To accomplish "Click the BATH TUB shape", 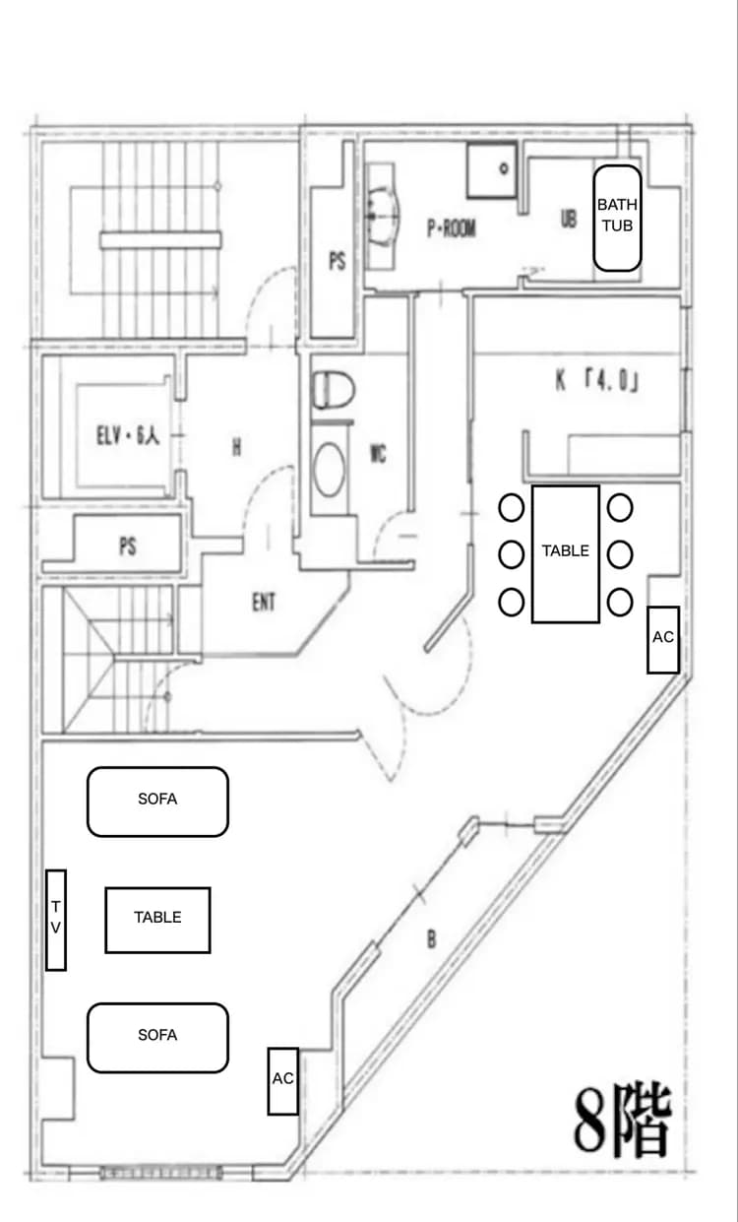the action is click(617, 219).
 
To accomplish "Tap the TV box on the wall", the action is click(55, 920).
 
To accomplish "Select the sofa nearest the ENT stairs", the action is click(157, 802).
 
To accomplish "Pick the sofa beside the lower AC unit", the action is click(157, 1038).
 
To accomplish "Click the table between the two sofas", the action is click(157, 921).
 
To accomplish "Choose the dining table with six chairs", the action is click(566, 553).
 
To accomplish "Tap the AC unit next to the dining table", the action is click(663, 639).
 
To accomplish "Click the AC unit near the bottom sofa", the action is click(282, 1081).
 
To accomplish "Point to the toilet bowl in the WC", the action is click(333, 390).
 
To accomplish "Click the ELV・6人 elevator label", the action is click(128, 435).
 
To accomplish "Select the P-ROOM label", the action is click(452, 228).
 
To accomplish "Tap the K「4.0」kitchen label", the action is click(597, 380).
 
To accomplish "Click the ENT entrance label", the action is click(264, 602).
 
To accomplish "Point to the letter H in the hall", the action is click(236, 447).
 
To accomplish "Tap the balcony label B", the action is click(431, 938).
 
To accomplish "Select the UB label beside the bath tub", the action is click(569, 219).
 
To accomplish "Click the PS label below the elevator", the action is click(128, 547).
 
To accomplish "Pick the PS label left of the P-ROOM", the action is click(338, 261).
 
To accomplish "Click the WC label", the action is click(378, 453).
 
